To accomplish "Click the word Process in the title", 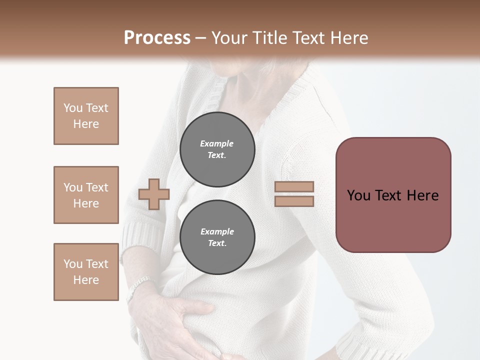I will coord(157,38).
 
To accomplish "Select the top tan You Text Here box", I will coord(86,116).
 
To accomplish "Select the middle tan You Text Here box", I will coord(86,195).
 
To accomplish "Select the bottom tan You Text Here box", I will coord(86,272).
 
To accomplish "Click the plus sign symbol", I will coord(154,194).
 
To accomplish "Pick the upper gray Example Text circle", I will coord(217,149).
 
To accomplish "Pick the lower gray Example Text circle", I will coord(217,237).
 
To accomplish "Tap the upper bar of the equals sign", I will coord(294,187).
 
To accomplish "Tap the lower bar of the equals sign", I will coord(294,201).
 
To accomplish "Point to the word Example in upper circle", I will coord(217,143).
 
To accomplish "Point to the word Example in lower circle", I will coord(217,231).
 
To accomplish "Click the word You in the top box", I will coord(72,108).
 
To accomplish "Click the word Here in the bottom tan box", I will coord(86,280).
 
